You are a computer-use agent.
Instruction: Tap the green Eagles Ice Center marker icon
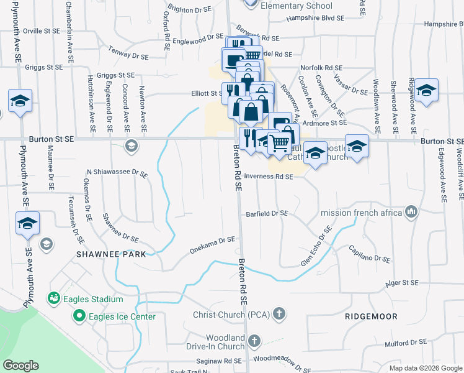click(79, 316)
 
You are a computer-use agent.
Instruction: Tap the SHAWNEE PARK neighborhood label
click(111, 254)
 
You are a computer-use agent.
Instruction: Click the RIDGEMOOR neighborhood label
click(372, 316)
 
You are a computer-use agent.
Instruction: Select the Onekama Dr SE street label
click(213, 245)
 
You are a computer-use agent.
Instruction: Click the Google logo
click(20, 366)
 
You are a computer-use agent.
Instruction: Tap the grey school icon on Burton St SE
click(131, 145)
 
